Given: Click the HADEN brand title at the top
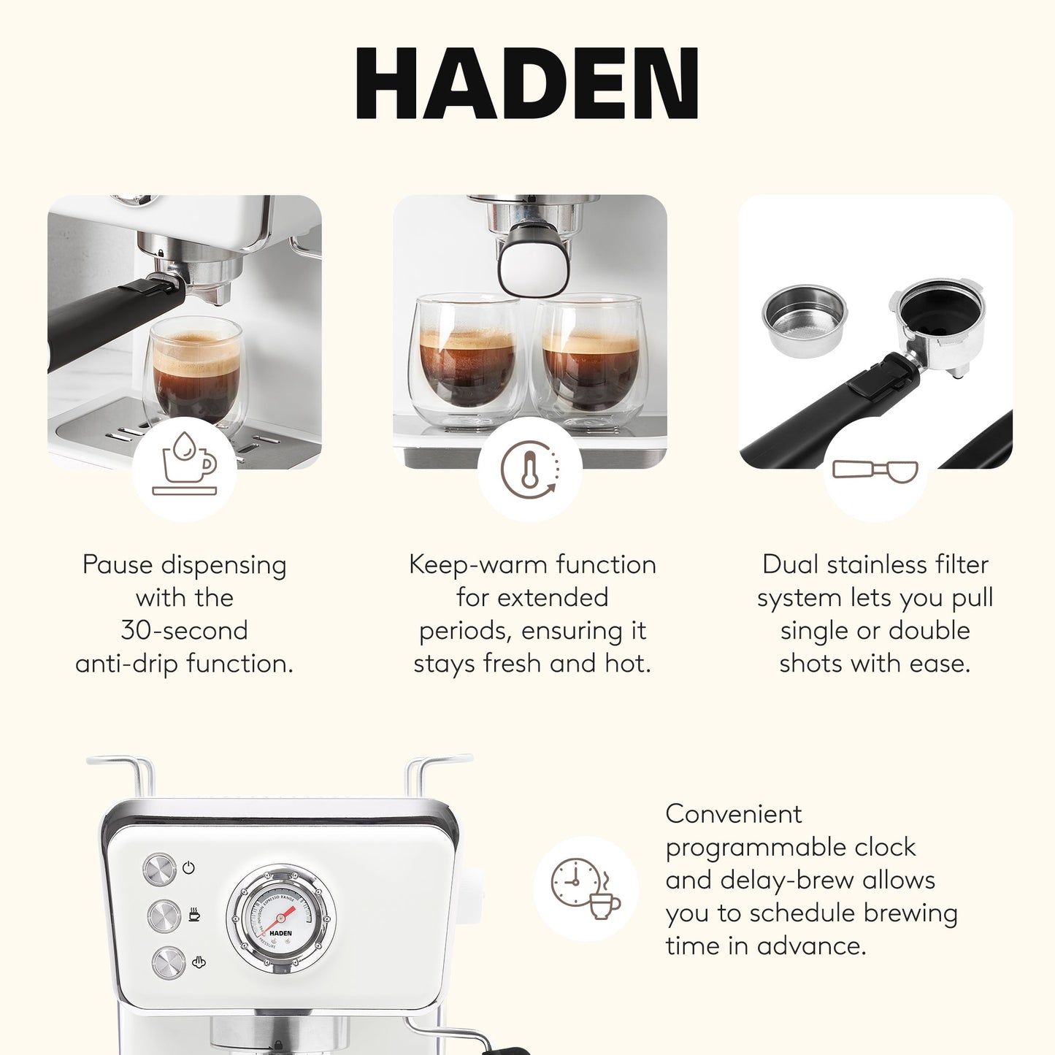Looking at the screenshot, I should [526, 83].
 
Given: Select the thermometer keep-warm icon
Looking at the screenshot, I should [530, 469].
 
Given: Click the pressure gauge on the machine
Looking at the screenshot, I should [281, 919].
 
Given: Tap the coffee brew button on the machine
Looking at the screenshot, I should [164, 916].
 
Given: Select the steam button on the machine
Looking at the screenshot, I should [169, 963].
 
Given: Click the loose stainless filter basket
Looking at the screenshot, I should [804, 319].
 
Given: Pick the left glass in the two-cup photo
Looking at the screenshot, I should [468, 361].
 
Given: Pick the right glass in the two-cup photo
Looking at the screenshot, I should [590, 361].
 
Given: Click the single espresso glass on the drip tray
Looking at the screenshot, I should [196, 372].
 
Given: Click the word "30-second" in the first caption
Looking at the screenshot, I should [185, 630].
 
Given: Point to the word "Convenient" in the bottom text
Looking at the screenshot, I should [733, 814].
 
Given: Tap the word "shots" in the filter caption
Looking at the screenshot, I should [811, 663].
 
